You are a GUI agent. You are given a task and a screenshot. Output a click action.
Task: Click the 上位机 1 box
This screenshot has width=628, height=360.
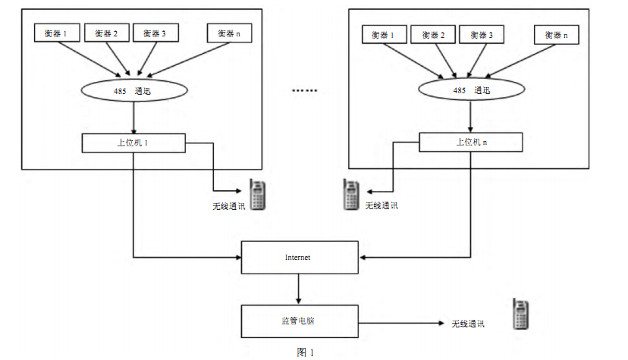click(133, 142)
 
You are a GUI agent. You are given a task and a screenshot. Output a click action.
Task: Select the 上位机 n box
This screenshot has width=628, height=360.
click(470, 142)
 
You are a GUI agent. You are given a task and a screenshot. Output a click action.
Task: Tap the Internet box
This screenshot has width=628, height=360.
click(298, 258)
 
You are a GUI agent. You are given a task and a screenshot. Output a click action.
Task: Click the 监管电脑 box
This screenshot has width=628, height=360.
click(298, 321)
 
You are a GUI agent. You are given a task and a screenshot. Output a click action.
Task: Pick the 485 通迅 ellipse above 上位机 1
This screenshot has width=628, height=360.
click(133, 90)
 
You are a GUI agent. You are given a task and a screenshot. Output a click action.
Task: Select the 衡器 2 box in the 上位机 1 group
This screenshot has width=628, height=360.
click(107, 33)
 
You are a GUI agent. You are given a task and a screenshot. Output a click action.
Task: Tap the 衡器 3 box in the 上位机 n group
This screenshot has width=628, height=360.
click(481, 35)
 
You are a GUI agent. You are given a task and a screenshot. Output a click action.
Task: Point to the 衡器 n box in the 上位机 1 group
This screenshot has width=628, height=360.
click(230, 33)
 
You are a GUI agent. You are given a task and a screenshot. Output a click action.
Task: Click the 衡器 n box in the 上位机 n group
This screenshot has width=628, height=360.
click(556, 35)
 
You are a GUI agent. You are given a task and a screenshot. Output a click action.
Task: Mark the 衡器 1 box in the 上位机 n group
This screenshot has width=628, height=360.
click(383, 35)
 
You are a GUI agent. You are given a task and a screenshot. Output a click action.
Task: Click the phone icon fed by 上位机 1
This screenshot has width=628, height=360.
click(259, 195)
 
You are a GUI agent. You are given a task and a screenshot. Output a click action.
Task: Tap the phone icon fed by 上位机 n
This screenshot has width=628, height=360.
click(350, 195)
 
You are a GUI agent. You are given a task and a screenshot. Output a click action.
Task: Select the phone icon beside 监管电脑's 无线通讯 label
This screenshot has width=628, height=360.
click(520, 314)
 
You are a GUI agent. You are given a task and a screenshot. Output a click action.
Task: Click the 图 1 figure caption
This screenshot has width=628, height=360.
click(305, 352)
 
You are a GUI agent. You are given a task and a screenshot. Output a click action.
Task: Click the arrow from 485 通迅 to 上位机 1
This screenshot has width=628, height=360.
click(133, 117)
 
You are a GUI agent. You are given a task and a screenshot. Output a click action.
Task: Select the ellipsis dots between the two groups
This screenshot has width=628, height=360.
click(305, 90)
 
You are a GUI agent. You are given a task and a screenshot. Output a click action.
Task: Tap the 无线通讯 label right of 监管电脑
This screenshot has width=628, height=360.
click(468, 324)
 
